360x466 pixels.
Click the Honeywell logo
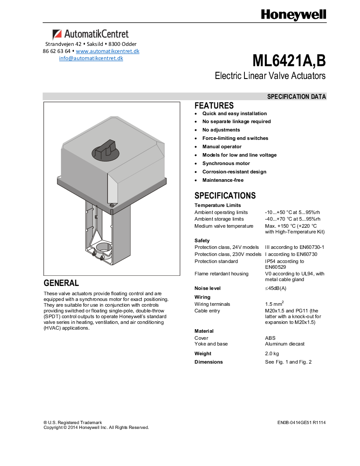[x=293, y=15]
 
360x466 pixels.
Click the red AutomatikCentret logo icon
[x=57, y=34]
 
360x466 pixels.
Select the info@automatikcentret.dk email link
[x=91, y=58]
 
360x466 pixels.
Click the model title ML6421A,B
[x=289, y=60]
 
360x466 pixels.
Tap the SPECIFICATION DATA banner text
[x=296, y=97]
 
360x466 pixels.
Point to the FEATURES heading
[x=214, y=106]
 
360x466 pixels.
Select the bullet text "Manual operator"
[x=222, y=147]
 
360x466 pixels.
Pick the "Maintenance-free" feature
[x=223, y=180]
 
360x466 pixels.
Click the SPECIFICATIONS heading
[x=225, y=195]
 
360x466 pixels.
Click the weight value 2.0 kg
[x=272, y=354]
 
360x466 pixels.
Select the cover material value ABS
[x=270, y=338]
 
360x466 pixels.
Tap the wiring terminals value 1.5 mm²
[x=274, y=304]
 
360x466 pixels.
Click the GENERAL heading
[x=61, y=283]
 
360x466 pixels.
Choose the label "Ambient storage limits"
[x=219, y=219]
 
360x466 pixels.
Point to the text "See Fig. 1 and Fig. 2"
[x=288, y=362]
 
